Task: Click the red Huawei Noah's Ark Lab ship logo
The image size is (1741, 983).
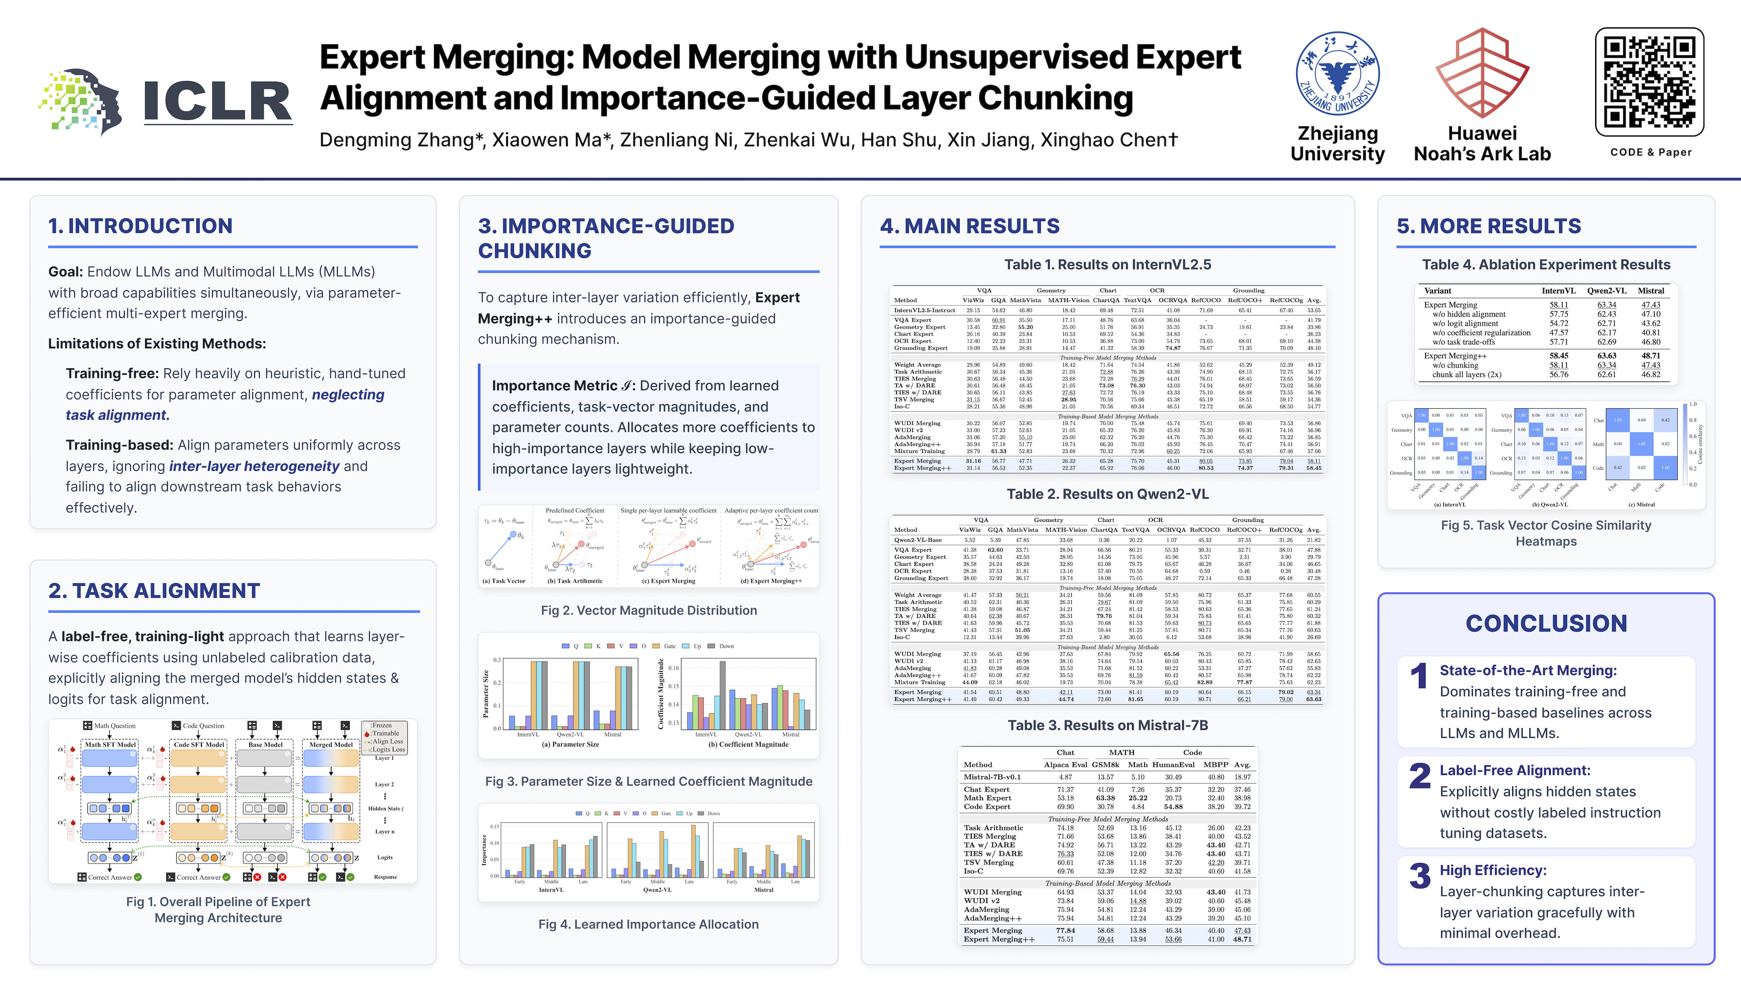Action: click(x=1482, y=74)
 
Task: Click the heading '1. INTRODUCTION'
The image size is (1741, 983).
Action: click(x=141, y=226)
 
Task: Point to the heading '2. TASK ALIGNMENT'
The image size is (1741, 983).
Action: click(x=154, y=591)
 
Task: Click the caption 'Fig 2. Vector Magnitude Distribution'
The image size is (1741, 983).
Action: click(x=649, y=610)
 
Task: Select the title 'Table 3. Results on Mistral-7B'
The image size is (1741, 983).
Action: click(x=1108, y=725)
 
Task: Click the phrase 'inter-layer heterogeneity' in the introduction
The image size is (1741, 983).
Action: click(x=254, y=466)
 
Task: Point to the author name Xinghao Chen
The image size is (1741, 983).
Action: click(x=1108, y=140)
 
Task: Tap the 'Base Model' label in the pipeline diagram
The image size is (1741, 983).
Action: click(x=266, y=745)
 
